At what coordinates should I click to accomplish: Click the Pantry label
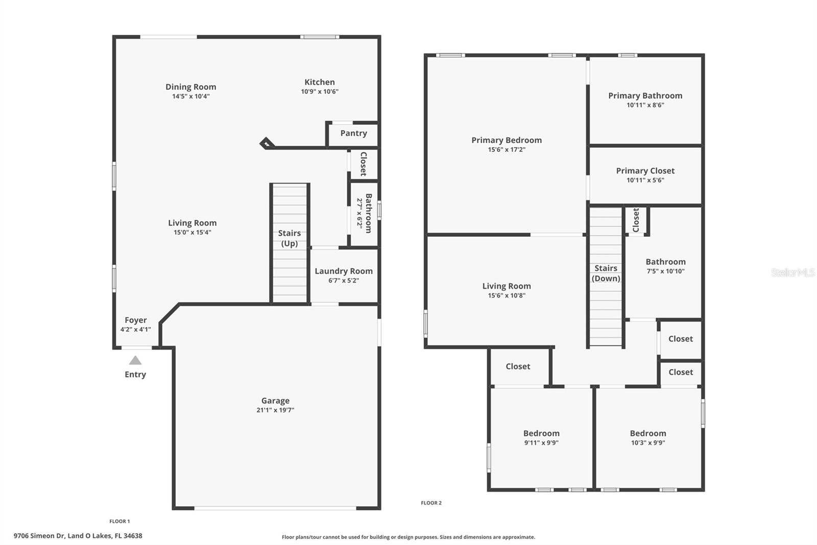[x=353, y=133]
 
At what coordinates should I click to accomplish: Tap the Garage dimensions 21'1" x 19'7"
[x=275, y=410]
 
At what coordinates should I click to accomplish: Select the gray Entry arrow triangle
[x=135, y=360]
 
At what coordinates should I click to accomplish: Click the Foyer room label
[x=135, y=321]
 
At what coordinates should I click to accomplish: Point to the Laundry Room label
[x=343, y=271]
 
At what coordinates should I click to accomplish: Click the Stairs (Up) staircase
[x=290, y=243]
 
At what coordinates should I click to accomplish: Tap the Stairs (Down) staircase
[x=606, y=276]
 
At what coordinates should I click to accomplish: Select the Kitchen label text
[x=320, y=82]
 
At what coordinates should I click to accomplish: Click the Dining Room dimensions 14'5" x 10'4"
[x=191, y=97]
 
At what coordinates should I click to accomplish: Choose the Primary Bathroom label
[x=645, y=96]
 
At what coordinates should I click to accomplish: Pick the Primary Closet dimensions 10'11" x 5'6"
[x=645, y=180]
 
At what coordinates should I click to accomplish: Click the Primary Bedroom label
[x=506, y=140]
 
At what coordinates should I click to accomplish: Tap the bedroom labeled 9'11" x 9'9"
[x=541, y=438]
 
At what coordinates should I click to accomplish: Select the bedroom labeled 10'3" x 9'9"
[x=647, y=438]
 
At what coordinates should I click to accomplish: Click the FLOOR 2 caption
[x=431, y=503]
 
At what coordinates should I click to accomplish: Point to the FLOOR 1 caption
[x=119, y=521]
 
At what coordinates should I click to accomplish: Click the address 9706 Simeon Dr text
[x=78, y=536]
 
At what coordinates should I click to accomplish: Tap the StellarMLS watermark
[x=792, y=272]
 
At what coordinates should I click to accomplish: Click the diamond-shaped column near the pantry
[x=266, y=143]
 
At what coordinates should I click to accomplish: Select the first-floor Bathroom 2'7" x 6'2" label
[x=364, y=213]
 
